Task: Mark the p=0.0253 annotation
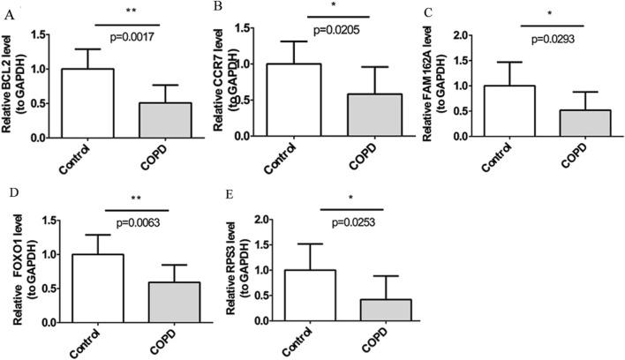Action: pyautogui.click(x=336, y=221)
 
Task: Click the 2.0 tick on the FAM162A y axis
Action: pyautogui.click(x=458, y=35)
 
